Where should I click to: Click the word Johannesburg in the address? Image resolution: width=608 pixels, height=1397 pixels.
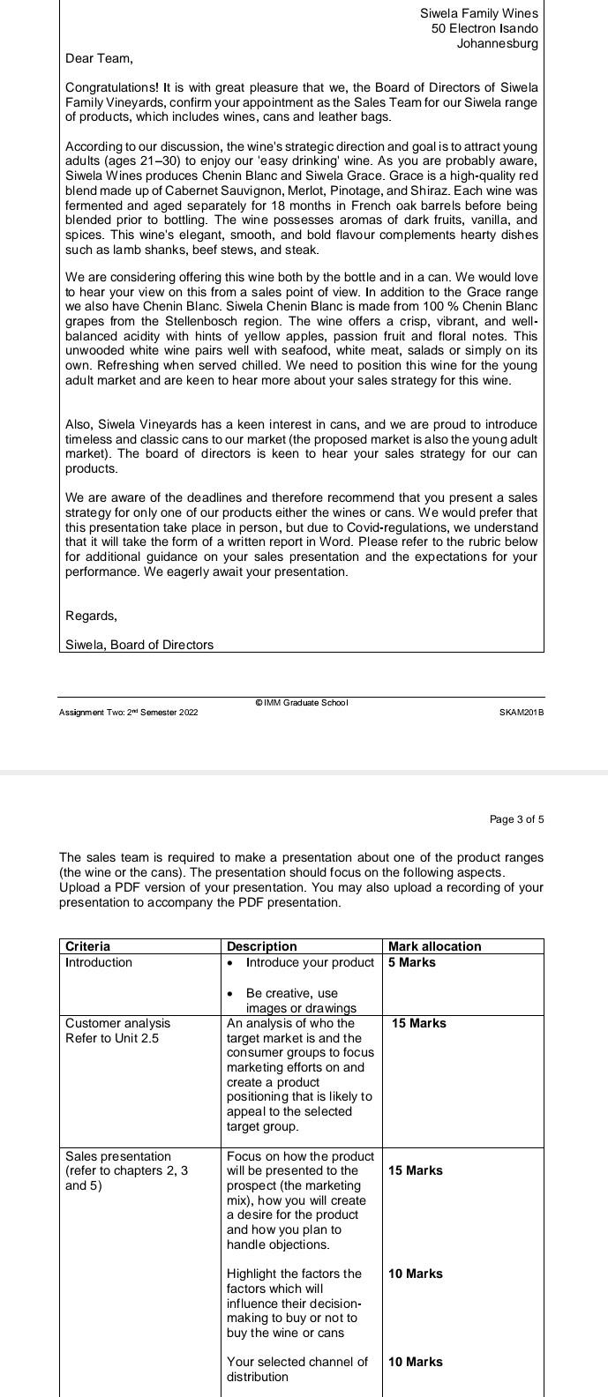[x=497, y=43]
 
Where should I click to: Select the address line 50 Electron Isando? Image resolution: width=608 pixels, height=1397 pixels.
[x=484, y=28]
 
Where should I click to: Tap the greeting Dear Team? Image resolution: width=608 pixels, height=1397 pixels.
[x=99, y=58]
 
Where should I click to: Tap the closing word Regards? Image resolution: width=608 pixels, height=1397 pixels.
[x=91, y=615]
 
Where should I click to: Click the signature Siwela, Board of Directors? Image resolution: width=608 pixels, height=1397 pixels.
[x=139, y=645]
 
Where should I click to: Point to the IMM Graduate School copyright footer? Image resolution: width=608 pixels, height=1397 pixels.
[x=302, y=703]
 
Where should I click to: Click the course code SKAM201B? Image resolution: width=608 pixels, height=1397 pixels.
[x=521, y=712]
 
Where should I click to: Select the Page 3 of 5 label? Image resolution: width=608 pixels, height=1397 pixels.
[x=516, y=819]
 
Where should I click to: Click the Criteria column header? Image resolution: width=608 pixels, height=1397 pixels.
[x=88, y=946]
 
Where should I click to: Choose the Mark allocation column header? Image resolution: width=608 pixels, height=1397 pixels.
[x=435, y=946]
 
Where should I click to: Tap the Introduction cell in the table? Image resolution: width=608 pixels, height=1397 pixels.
[x=99, y=962]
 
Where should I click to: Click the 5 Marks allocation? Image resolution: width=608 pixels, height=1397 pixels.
[x=412, y=962]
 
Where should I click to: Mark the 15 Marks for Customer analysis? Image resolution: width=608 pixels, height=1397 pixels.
[x=419, y=1023]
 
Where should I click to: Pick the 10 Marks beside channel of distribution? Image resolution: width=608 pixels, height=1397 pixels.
[x=416, y=1362]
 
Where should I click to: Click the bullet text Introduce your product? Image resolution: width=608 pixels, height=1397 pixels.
[x=310, y=962]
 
